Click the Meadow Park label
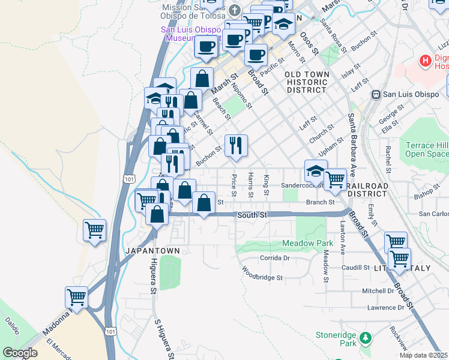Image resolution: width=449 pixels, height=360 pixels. click(307, 243)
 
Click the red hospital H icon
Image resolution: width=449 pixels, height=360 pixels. click(426, 61)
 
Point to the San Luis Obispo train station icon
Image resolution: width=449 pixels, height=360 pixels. click(376, 94)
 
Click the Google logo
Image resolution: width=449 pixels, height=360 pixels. click(20, 353)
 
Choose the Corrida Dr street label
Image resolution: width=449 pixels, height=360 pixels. click(274, 258)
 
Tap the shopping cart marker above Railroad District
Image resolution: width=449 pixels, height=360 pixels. click(336, 178)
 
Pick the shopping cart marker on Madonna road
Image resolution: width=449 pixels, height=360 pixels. click(76, 296)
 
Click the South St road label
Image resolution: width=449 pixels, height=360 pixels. click(251, 214)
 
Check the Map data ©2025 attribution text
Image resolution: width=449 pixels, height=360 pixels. click(423, 355)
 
